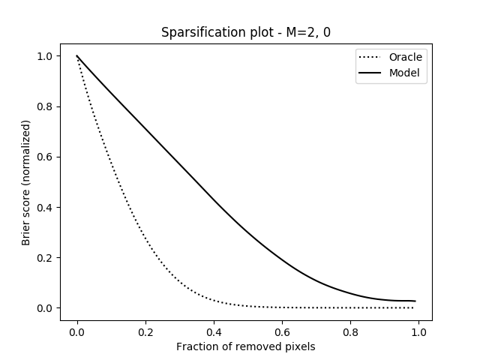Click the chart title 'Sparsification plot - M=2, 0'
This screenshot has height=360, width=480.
[246, 33]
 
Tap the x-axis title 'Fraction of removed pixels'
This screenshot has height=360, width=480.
[246, 346]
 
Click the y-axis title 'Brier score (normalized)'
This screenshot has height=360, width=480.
[25, 181]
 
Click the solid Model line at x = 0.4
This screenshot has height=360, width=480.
[214, 201]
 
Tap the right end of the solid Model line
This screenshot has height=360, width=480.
[415, 301]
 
